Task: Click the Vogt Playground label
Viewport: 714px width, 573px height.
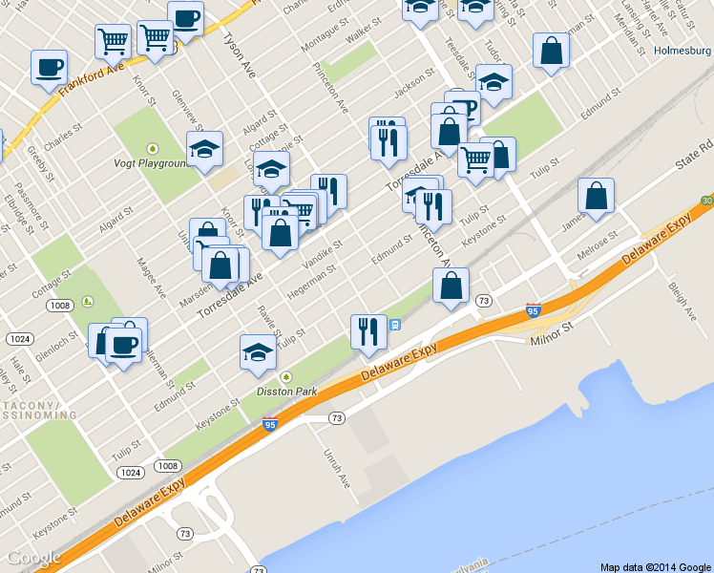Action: (x=153, y=163)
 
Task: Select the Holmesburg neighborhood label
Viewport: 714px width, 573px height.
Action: (x=683, y=52)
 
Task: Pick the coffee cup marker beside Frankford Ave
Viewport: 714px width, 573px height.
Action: (x=50, y=69)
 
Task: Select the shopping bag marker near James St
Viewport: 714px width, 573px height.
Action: (x=596, y=197)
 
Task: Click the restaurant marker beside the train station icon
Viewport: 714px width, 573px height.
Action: (x=368, y=332)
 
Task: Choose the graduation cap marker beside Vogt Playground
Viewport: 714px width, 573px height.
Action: (x=204, y=150)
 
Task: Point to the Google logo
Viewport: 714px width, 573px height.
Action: (x=33, y=558)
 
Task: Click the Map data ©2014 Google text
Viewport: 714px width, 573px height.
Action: (x=656, y=566)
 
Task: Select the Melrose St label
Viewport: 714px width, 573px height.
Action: (x=598, y=254)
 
